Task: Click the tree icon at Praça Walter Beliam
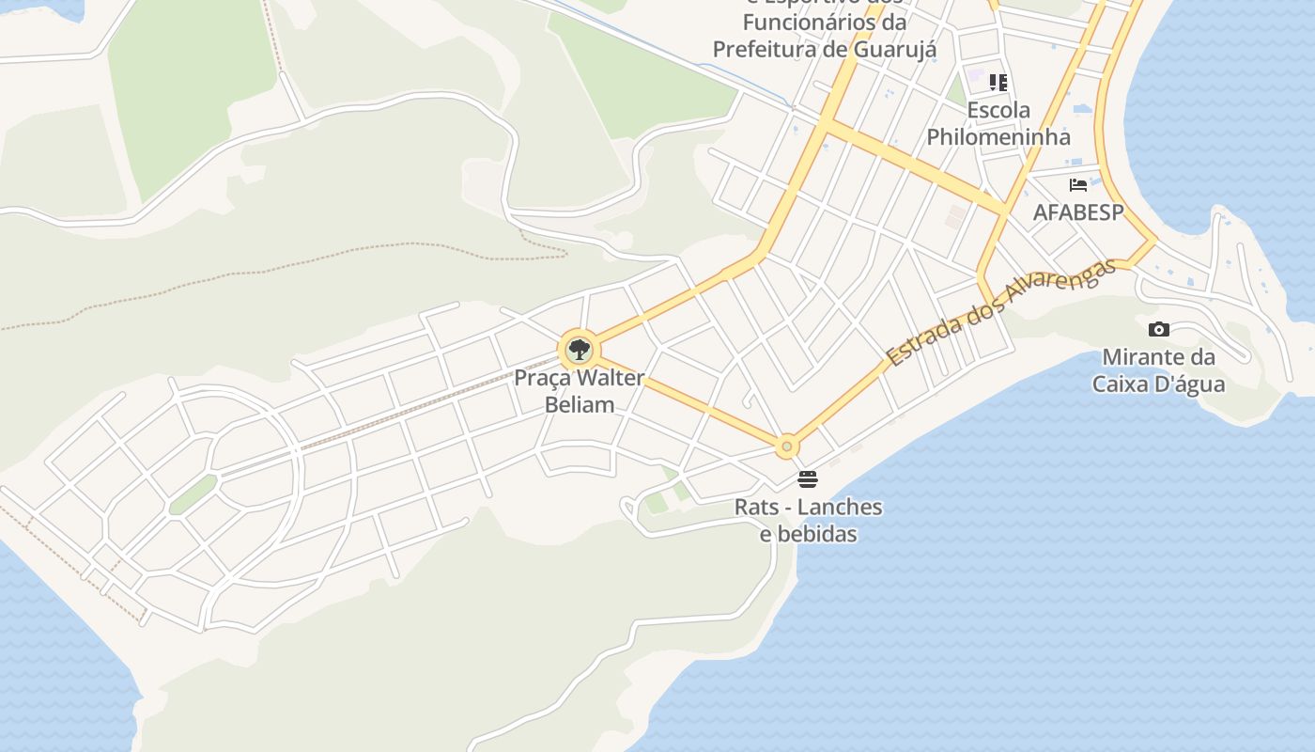coord(579,351)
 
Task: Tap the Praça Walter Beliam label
coord(579,391)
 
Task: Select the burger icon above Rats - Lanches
coord(808,479)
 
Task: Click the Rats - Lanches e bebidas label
coord(808,520)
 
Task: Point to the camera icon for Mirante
coord(1159,329)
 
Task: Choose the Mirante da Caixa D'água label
coord(1158,370)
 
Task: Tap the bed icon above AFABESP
coord(1078,185)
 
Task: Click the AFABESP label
coord(1078,212)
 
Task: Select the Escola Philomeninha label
coord(998,123)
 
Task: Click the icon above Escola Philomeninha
coord(998,83)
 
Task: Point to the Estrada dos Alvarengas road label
coord(1002,312)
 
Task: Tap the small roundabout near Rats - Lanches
coord(787,446)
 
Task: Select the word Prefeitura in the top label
coord(765,49)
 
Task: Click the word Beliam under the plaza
coord(580,405)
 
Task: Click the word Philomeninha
coord(998,137)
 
